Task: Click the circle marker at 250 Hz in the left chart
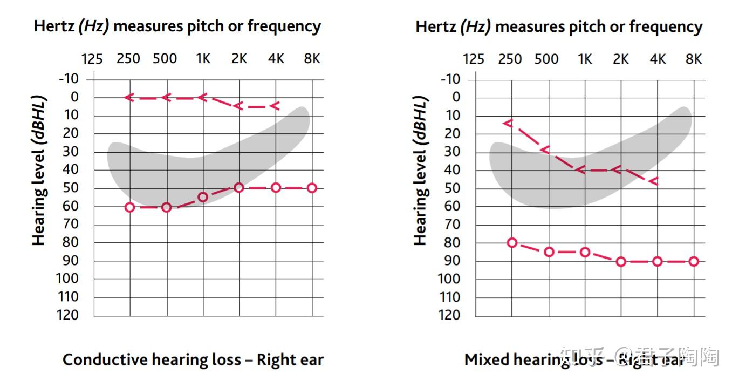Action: pyautogui.click(x=129, y=207)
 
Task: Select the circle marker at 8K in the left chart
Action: pyautogui.click(x=312, y=188)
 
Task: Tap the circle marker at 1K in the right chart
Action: pyautogui.click(x=585, y=252)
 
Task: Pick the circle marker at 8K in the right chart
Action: pyautogui.click(x=694, y=261)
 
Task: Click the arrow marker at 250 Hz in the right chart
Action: pyautogui.click(x=508, y=123)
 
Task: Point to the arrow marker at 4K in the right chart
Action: pyautogui.click(x=654, y=181)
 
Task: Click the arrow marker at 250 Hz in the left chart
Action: pyautogui.click(x=128, y=97)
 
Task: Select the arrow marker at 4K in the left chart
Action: pyautogui.click(x=275, y=105)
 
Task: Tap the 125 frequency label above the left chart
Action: pyautogui.click(x=92, y=58)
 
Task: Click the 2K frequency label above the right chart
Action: pyautogui.click(x=621, y=59)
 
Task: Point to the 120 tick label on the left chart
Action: pyautogui.click(x=67, y=315)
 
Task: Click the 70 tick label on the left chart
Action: pyautogui.click(x=71, y=224)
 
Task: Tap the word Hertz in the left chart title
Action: pyautogui.click(x=54, y=26)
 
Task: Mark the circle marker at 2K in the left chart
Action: pyautogui.click(x=238, y=188)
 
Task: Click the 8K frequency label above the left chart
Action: pyautogui.click(x=311, y=58)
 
